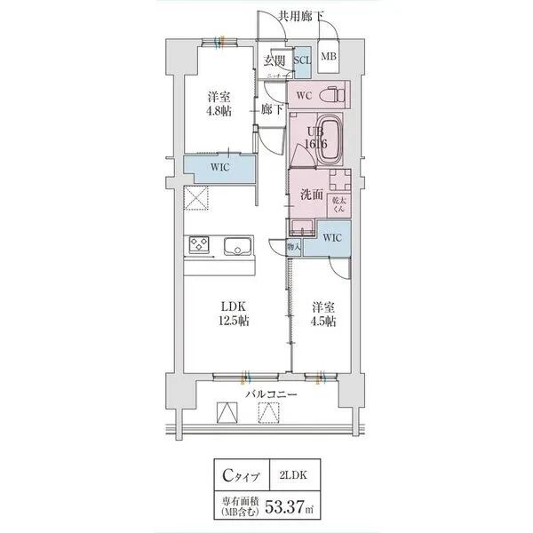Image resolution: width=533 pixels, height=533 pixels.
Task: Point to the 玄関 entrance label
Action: (x=274, y=60)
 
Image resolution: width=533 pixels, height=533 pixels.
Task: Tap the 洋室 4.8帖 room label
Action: (x=220, y=104)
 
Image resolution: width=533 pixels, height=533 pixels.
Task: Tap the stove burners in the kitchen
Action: (x=198, y=244)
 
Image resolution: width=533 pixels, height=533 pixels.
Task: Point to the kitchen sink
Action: (x=237, y=246)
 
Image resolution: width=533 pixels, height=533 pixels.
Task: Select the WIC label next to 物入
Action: (x=331, y=237)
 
